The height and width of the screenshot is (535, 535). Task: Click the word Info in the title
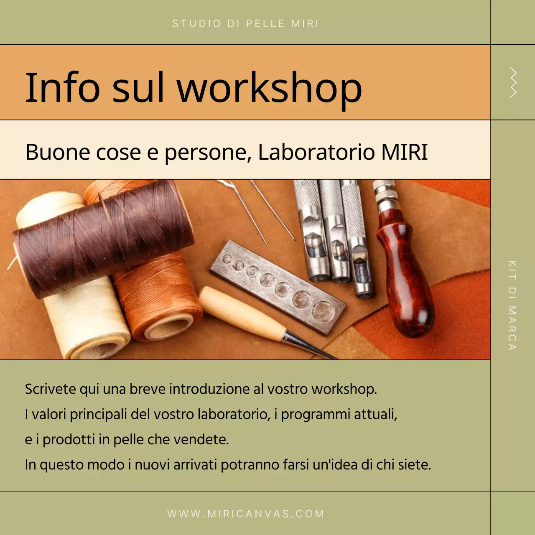63,87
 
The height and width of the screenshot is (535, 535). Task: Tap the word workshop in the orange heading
269,88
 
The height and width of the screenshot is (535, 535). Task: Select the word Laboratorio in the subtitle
316,152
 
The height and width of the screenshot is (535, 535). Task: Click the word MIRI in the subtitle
404,152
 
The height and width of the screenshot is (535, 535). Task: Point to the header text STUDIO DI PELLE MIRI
245,24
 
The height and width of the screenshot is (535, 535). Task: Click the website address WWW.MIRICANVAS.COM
246,514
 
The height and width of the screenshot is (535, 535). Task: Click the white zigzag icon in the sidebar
513,83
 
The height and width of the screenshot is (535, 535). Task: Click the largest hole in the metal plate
322,310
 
